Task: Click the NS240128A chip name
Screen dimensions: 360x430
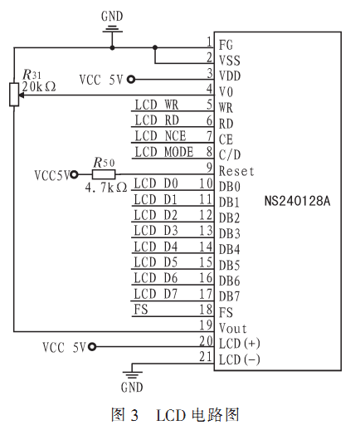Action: click(297, 201)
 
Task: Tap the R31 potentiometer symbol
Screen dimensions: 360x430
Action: click(14, 95)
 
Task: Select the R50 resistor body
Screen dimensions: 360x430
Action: click(104, 174)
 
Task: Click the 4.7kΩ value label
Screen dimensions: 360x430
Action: click(106, 188)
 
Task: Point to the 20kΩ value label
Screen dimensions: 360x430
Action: click(39, 86)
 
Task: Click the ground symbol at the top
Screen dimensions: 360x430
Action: click(112, 29)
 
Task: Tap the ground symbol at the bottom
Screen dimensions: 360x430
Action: click(132, 375)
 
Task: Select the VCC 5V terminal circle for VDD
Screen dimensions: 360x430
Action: click(131, 80)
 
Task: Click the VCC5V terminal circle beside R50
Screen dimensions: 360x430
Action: click(74, 174)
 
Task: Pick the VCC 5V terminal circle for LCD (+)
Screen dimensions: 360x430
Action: click(92, 346)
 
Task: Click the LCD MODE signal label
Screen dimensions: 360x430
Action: click(164, 152)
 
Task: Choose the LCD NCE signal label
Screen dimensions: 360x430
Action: click(160, 136)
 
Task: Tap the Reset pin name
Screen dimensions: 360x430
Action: click(236, 171)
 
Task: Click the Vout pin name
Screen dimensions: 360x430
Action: click(233, 329)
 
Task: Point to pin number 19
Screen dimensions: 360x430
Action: click(207, 325)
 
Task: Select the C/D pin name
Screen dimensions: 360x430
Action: click(230, 155)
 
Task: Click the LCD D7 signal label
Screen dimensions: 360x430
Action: click(156, 294)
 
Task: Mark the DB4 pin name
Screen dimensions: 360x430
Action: click(229, 250)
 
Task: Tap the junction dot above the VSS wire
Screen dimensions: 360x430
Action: click(155, 47)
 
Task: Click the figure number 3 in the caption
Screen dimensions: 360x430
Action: click(134, 415)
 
